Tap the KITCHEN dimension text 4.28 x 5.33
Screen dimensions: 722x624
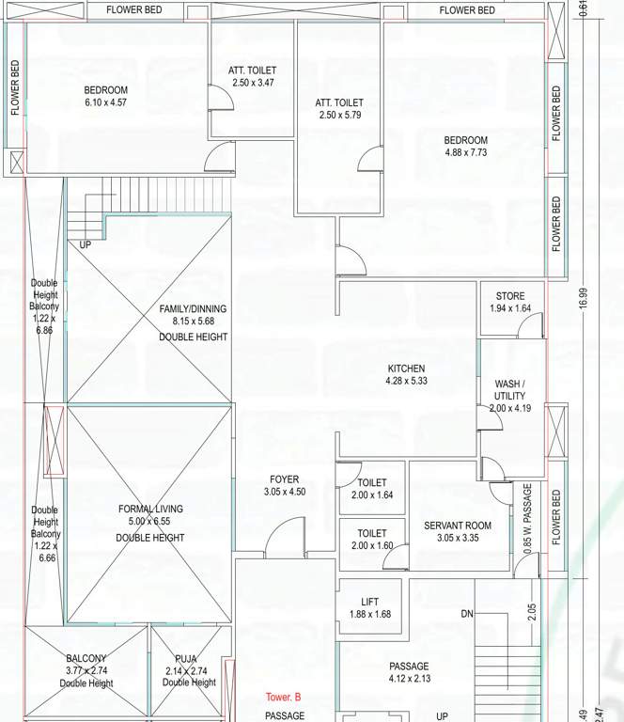pos(406,381)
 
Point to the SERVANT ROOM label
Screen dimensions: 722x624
pos(458,526)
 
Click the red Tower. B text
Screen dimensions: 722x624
pos(283,698)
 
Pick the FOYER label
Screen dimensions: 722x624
pos(284,479)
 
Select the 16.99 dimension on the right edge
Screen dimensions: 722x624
pos(584,298)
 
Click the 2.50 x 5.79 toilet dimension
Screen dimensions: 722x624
pos(339,115)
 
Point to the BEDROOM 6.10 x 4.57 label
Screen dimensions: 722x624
pos(106,90)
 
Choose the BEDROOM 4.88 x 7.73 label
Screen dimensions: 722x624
pos(466,141)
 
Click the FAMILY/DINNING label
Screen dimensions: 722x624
pos(193,308)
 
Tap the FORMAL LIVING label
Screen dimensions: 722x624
pos(150,510)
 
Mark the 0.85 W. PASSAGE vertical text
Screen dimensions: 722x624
pos(527,518)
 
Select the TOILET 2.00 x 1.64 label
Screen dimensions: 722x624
pos(372,482)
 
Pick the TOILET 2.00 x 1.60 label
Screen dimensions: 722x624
pos(372,533)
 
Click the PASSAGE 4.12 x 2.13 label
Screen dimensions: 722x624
pos(409,667)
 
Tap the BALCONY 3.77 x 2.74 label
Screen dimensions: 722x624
pos(87,659)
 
